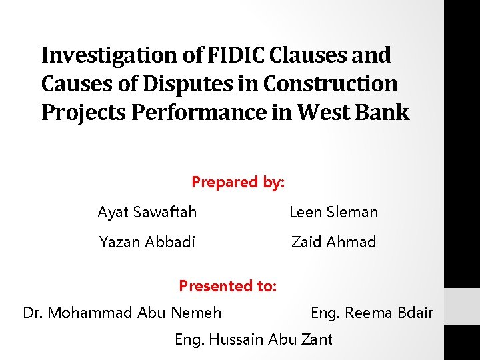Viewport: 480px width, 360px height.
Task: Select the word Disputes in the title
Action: (x=204, y=84)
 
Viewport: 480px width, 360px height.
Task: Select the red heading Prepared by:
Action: (x=238, y=182)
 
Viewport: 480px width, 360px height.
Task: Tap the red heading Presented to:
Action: (x=227, y=286)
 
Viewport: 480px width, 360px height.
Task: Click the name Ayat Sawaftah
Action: (x=147, y=213)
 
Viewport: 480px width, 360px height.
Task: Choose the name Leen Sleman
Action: (x=333, y=213)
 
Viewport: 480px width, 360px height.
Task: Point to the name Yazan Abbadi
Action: (x=147, y=242)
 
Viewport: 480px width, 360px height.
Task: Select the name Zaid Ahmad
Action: (x=333, y=242)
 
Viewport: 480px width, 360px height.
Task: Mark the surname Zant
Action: (x=315, y=339)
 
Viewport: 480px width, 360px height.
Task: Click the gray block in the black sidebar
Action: (x=461, y=306)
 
